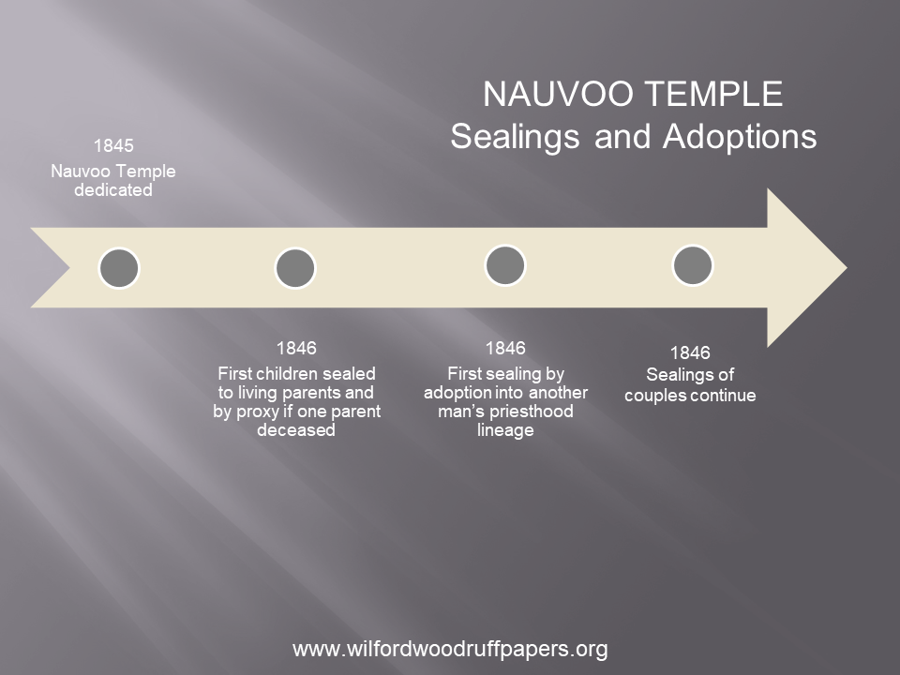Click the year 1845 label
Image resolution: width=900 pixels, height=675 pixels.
[x=113, y=146]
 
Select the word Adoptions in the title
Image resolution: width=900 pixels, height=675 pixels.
[x=740, y=138]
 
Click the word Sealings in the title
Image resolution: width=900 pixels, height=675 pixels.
[x=515, y=138]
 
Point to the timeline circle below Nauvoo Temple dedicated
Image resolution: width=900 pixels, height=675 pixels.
[x=119, y=268]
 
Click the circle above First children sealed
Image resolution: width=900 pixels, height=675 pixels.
[x=295, y=268]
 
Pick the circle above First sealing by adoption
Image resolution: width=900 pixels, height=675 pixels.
[x=505, y=265]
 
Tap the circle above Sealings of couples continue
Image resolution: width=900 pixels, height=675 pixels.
[x=693, y=265]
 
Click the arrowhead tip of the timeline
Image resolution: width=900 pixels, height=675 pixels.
[x=847, y=267]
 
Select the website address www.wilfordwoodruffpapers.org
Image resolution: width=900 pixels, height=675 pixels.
[x=450, y=649]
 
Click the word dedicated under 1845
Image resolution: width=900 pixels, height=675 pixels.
[x=113, y=190]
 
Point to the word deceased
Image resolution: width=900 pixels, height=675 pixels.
[x=296, y=430]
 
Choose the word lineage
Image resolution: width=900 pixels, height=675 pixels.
[x=505, y=430]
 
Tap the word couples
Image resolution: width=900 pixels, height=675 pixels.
[x=655, y=396]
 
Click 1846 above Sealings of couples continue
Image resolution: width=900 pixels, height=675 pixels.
[x=690, y=352]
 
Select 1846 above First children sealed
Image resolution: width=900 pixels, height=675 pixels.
[x=296, y=348]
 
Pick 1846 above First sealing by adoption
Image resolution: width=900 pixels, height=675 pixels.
[x=505, y=348]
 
